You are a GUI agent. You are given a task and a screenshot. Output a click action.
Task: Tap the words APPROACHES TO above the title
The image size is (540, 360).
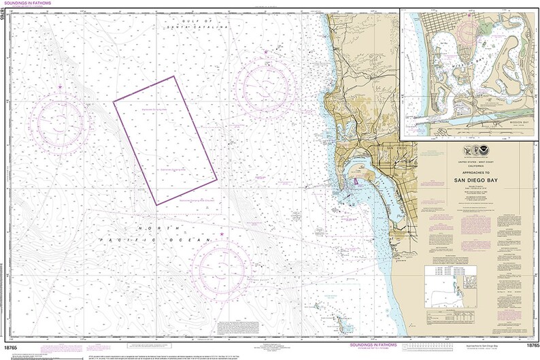point(474,172)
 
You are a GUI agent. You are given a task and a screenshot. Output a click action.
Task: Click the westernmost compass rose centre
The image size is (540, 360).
point(62,124)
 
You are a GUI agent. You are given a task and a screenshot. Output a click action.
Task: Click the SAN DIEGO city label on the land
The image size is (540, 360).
point(386,148)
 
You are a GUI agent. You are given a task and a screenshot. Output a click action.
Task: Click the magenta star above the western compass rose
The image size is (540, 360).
point(60,86)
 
